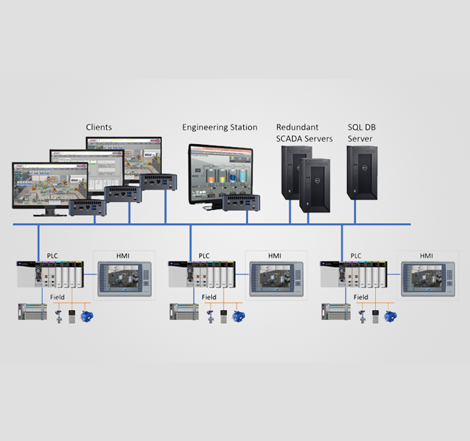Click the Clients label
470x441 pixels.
point(99,127)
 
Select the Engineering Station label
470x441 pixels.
point(220,127)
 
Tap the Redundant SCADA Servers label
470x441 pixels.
point(304,133)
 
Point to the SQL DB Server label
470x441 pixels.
point(362,133)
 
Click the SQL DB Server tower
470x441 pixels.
point(362,172)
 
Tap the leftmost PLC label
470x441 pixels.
point(53,256)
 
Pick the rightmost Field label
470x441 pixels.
point(361,297)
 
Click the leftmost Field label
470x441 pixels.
point(56,297)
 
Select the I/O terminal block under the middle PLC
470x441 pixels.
point(184,313)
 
